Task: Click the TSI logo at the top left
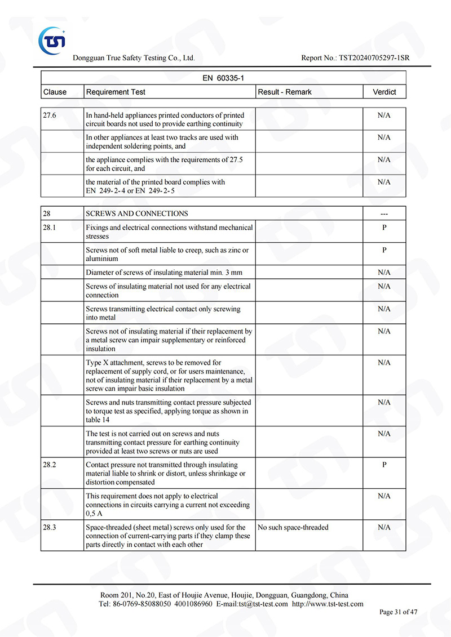52,40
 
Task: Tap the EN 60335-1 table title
223,78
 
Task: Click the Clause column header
55,92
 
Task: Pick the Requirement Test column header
116,92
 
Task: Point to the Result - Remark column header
285,92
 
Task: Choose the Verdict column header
384,92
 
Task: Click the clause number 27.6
50,115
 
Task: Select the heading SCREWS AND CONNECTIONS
137,213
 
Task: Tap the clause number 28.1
50,228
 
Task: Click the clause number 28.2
50,465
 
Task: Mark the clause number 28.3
50,527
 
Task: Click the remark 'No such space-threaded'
293,527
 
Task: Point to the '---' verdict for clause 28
384,214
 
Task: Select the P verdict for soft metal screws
384,250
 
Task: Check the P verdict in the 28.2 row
384,465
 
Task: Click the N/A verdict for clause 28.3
384,527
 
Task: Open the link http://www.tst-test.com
328,604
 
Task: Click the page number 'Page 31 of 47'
399,612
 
